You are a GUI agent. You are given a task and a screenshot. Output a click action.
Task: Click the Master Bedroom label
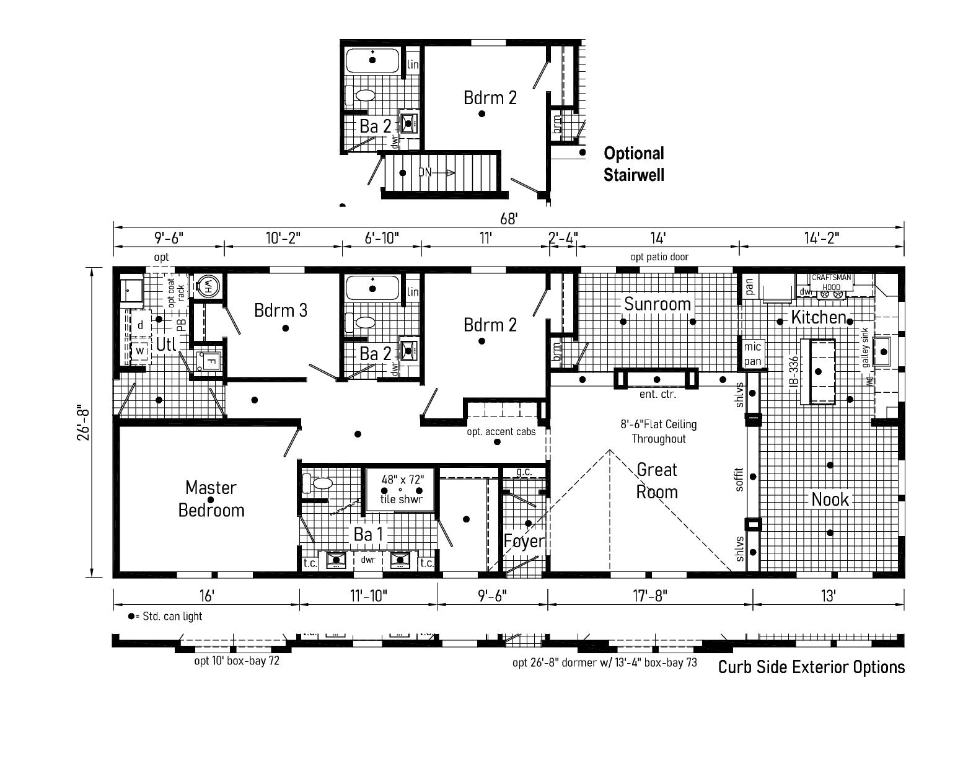[211, 499]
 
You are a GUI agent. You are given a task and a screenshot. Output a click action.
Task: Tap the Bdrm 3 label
[280, 310]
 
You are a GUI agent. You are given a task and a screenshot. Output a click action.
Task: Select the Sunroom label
[657, 304]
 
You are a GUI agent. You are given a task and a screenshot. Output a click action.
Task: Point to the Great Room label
[657, 481]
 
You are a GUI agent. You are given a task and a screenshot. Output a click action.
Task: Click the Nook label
[830, 499]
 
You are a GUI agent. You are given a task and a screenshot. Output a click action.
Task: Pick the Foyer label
[524, 541]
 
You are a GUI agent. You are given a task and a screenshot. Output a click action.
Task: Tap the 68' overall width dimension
[508, 219]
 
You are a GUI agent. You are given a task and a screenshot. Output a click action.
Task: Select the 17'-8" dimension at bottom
[649, 596]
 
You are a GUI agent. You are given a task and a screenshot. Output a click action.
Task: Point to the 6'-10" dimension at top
[381, 238]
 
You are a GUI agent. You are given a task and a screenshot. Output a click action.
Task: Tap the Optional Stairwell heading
[634, 164]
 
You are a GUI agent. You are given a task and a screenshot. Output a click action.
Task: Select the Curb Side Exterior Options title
[811, 667]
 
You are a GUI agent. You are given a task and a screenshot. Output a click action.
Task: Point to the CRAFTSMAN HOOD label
[831, 282]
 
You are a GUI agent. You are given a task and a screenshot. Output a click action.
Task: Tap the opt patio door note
[659, 257]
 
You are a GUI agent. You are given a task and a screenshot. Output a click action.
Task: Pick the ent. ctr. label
[657, 394]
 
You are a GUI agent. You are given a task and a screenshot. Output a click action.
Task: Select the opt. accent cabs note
[501, 431]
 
